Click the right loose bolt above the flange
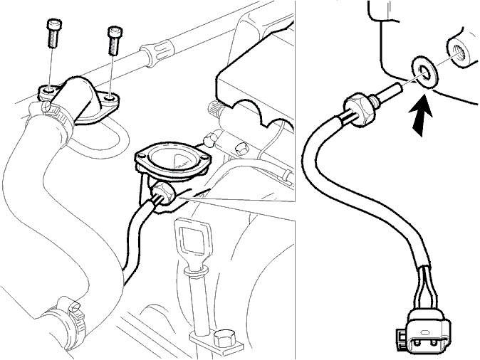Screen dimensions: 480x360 [113, 39]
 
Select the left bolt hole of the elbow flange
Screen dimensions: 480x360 [46, 92]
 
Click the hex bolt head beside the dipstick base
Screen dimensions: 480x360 [222, 339]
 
